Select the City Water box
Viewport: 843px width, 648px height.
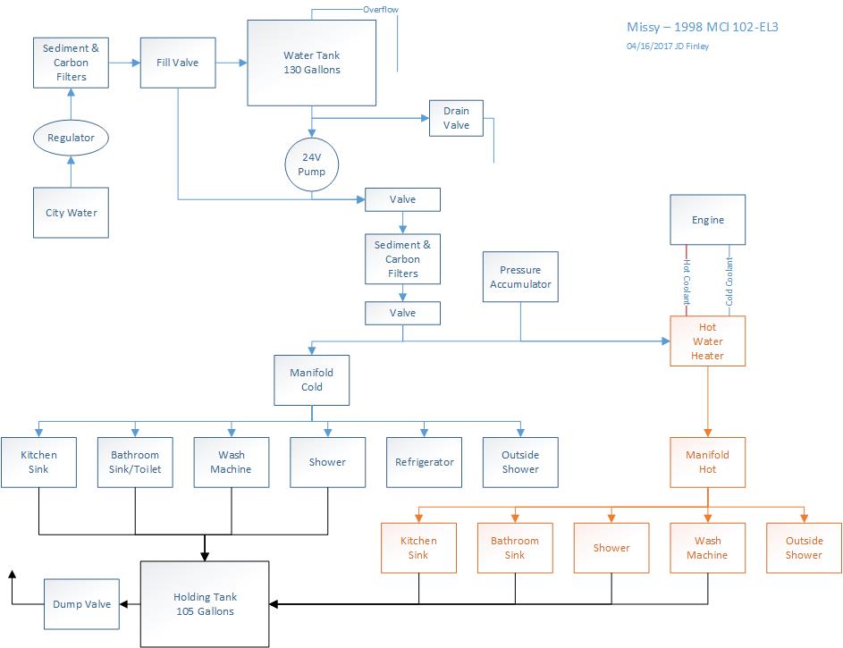point(72,213)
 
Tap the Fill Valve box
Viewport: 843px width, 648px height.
point(177,63)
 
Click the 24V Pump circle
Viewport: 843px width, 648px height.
point(311,164)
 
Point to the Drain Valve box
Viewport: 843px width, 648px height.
point(456,118)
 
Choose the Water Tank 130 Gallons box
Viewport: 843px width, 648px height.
point(311,63)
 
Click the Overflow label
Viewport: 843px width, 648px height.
point(380,10)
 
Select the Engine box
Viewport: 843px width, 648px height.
point(708,220)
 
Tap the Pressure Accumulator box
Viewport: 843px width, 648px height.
point(520,277)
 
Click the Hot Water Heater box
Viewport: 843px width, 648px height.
point(707,341)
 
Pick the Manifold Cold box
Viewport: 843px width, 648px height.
point(312,380)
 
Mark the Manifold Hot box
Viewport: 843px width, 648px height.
point(707,462)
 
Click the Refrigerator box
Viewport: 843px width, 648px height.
point(424,462)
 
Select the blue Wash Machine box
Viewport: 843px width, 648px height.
point(232,462)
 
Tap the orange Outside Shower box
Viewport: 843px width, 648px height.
point(804,548)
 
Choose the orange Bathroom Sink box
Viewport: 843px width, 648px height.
point(515,548)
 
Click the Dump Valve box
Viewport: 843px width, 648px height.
point(81,604)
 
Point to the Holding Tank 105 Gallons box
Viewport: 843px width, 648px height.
point(205,604)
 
